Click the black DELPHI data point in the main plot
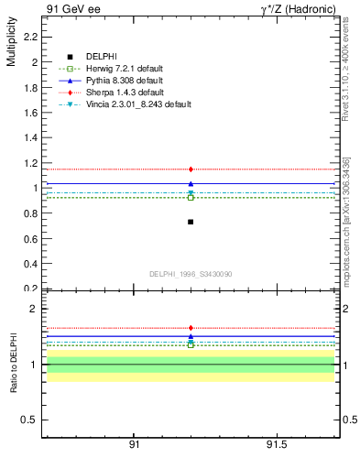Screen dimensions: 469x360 coord(191,222)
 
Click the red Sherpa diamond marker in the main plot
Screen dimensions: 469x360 coord(191,169)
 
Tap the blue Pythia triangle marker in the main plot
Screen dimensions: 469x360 coord(191,184)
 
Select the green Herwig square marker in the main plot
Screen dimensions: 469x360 coord(191,197)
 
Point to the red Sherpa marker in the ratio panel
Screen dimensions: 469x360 coord(191,328)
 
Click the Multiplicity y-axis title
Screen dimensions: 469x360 coord(11,47)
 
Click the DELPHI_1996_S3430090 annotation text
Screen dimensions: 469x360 coord(191,274)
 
